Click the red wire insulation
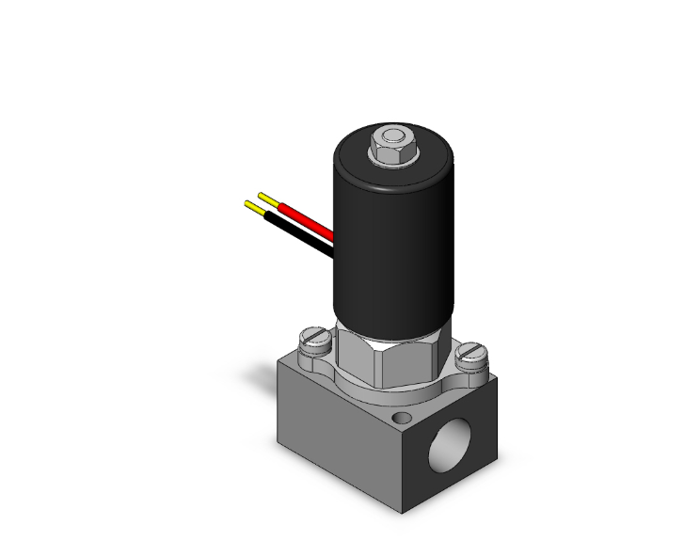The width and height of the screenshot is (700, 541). point(306,217)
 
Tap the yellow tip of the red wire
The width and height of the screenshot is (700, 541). point(266,199)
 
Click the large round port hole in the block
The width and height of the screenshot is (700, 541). point(451,442)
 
